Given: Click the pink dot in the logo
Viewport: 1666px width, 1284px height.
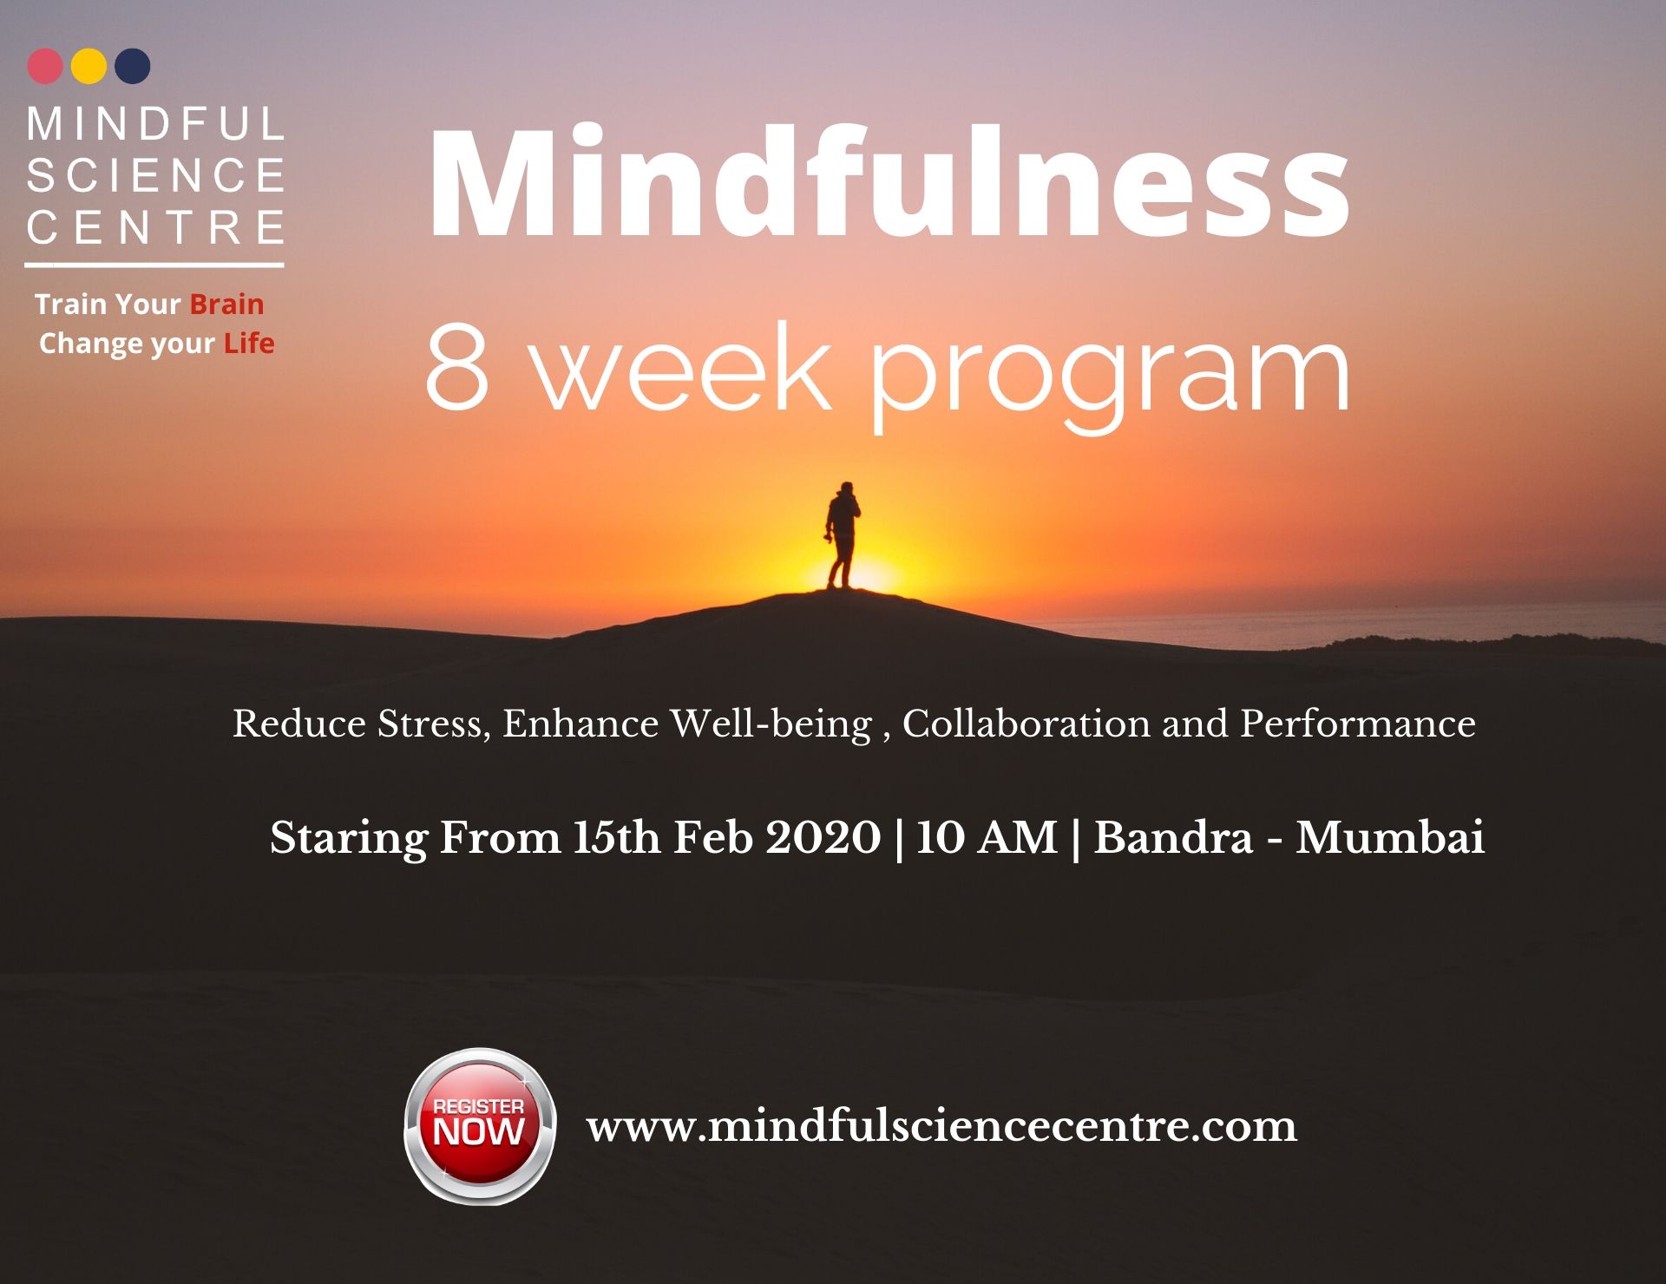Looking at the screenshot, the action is [x=45, y=66].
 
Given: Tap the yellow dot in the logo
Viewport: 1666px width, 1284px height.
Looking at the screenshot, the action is [x=89, y=66].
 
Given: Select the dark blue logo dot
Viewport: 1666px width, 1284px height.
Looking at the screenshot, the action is [x=133, y=66].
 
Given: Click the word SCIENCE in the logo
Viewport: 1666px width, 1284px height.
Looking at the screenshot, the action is [x=156, y=175].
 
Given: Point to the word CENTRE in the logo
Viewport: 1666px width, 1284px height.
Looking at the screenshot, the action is [x=156, y=227].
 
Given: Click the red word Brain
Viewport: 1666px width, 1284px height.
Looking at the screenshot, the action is [x=226, y=305].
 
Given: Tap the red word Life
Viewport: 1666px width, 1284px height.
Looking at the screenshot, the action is [x=249, y=344].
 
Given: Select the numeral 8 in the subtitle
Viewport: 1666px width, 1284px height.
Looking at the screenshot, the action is [x=457, y=366].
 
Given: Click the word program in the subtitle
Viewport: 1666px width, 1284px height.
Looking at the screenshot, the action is [x=1110, y=378].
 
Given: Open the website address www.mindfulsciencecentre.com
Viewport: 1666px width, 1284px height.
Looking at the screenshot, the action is [x=942, y=1126].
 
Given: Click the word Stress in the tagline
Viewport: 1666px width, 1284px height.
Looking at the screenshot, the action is [x=430, y=724].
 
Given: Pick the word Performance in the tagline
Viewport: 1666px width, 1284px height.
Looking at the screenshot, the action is [x=1358, y=724].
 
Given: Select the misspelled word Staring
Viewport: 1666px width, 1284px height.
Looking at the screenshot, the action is [x=349, y=839].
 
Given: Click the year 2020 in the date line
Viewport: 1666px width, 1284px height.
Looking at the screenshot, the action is [x=823, y=837].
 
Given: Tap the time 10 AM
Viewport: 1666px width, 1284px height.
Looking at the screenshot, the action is [x=987, y=837].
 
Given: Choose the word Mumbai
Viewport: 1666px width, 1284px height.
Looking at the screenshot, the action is [x=1390, y=837].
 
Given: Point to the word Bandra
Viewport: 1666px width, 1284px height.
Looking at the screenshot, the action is [x=1173, y=837].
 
